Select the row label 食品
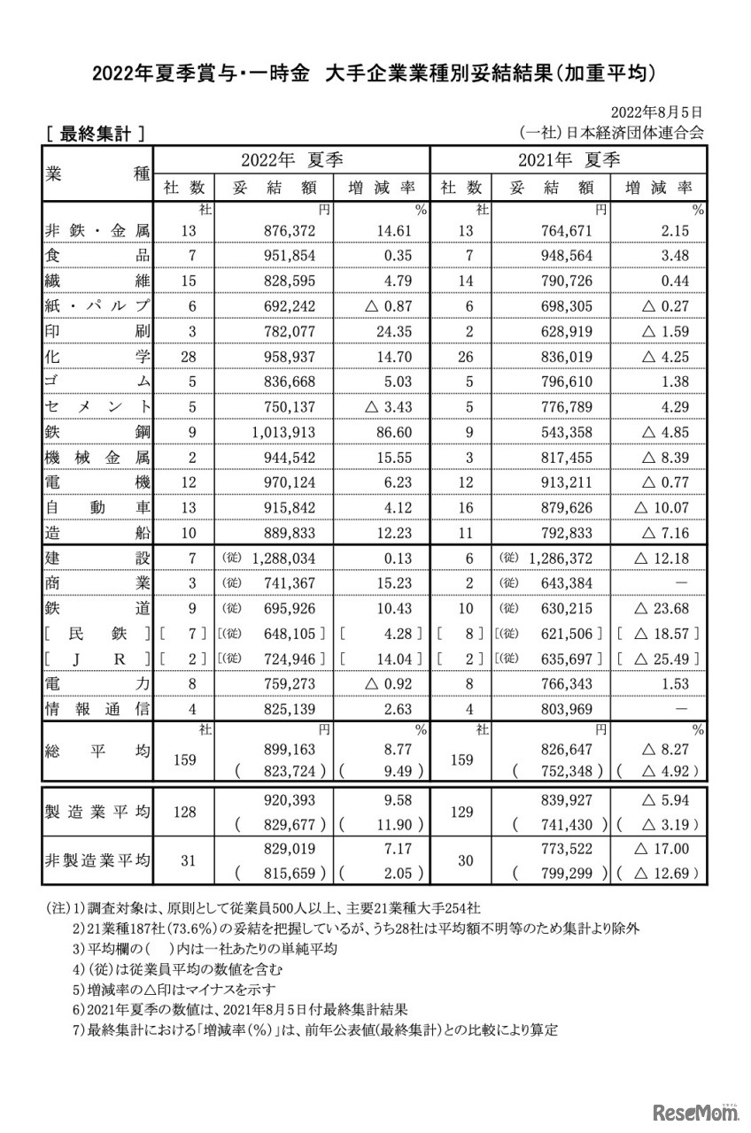pyautogui.click(x=97, y=256)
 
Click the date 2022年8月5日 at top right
pyautogui.click(x=658, y=112)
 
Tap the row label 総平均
pyautogui.click(x=97, y=751)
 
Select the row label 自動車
pyautogui.click(x=97, y=509)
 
